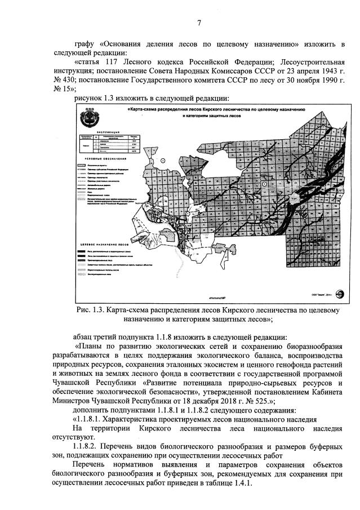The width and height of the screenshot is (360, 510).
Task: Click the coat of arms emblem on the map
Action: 90,118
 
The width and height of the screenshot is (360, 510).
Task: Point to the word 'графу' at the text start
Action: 84,44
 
